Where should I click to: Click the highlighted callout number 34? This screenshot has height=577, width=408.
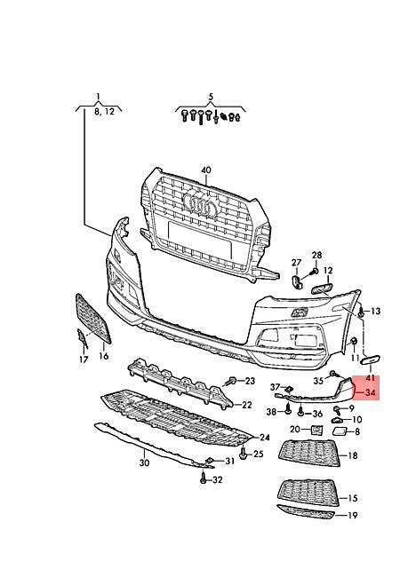click(370, 392)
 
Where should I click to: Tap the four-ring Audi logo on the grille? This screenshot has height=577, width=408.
click(201, 205)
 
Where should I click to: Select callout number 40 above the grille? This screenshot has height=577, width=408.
click(206, 170)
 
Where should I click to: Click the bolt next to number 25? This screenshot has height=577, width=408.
click(243, 454)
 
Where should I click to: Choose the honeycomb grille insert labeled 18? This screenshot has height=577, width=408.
click(309, 454)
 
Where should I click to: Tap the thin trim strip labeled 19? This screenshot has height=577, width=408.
click(306, 512)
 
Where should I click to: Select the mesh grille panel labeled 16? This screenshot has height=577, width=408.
click(92, 319)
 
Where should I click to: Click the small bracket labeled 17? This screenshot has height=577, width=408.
click(83, 338)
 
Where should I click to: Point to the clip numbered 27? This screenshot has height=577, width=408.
click(297, 281)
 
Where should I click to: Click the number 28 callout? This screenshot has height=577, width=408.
click(316, 255)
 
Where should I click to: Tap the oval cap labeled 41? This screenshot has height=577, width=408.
click(371, 360)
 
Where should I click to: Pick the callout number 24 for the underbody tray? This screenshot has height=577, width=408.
click(265, 437)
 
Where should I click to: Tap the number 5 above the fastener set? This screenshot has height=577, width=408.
click(211, 97)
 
